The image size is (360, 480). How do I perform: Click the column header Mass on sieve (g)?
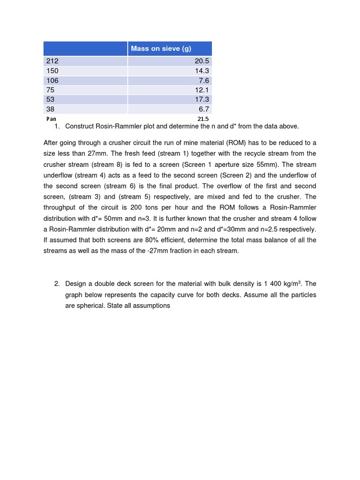[161, 49]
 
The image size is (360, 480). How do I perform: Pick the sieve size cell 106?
[52, 80]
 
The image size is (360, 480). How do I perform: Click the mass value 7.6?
[204, 80]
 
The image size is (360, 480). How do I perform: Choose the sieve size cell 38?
[50, 109]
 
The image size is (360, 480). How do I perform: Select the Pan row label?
[51, 119]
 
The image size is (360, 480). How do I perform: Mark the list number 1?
[56, 127]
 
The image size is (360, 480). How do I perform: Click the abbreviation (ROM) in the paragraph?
[260, 142]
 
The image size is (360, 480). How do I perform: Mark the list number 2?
[56, 284]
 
